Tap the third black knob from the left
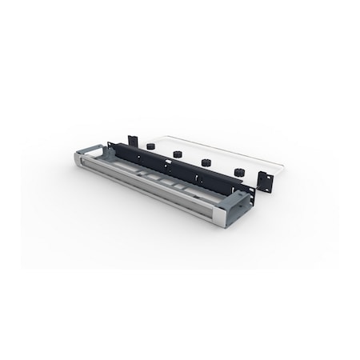coord(206,162)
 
